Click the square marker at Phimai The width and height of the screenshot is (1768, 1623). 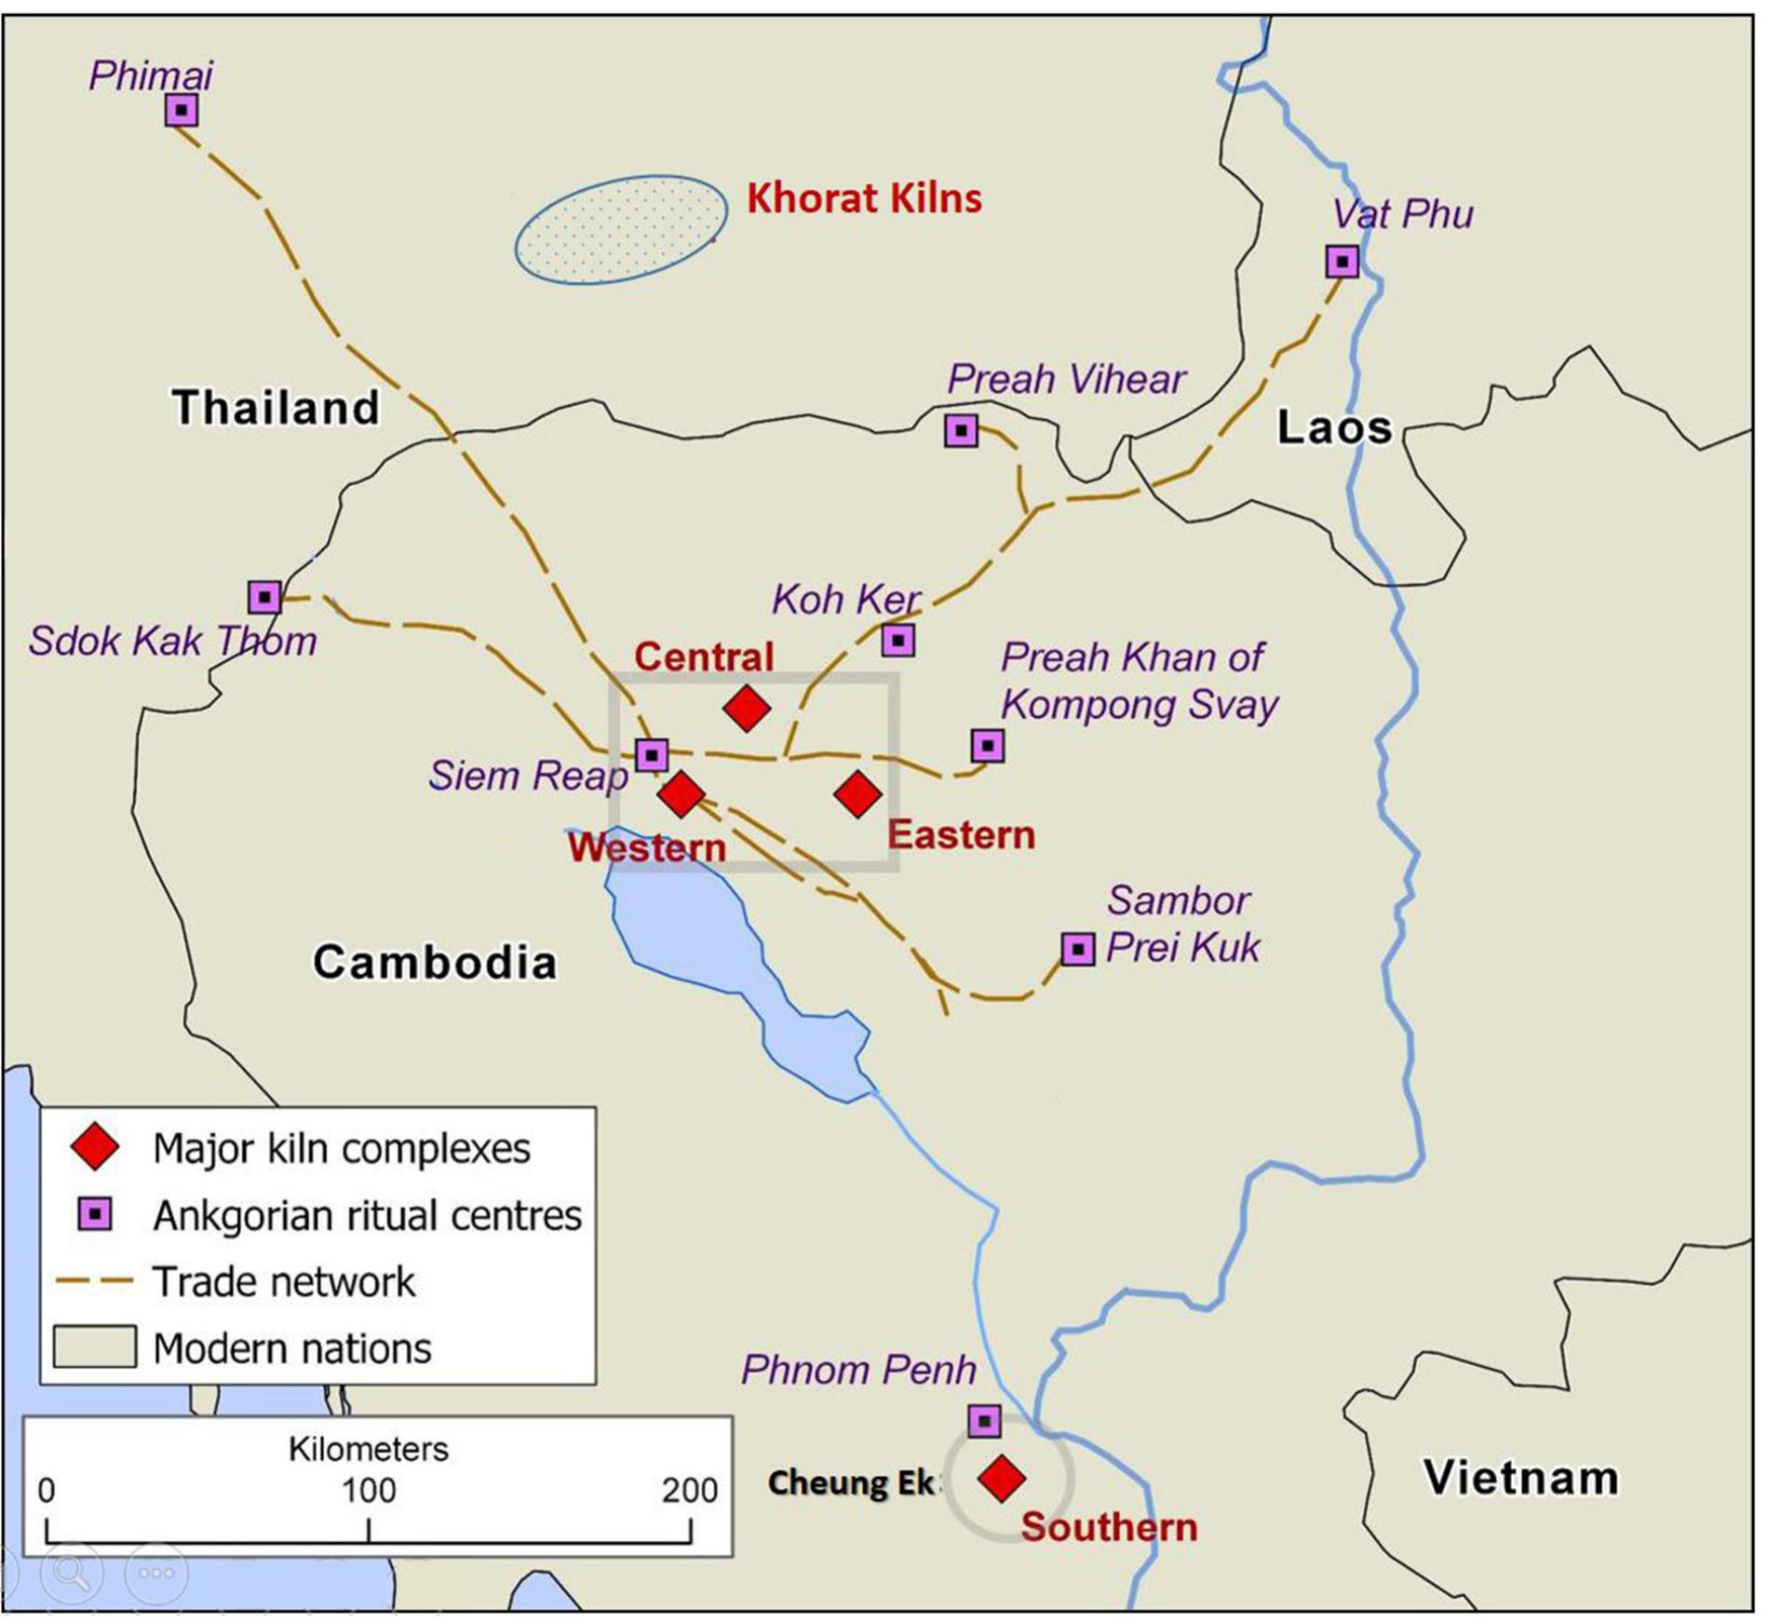182,110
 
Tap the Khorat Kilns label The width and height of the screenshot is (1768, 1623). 864,198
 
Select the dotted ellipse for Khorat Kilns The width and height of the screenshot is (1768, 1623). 621,229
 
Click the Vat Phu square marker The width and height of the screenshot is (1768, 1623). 1342,262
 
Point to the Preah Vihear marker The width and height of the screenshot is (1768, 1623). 961,430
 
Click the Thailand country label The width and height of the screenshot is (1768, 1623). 277,408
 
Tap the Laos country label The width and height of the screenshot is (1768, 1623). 1334,427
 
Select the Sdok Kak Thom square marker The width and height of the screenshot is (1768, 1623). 264,596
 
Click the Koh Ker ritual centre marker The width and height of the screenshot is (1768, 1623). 898,640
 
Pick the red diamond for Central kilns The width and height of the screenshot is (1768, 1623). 747,709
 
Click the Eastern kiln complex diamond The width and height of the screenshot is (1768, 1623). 857,793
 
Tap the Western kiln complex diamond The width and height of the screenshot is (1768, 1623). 682,793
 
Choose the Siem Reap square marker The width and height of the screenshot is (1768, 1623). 652,754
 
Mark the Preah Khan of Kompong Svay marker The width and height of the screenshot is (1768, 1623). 988,745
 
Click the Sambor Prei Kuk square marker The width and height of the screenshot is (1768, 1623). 1078,949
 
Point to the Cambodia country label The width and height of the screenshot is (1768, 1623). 435,962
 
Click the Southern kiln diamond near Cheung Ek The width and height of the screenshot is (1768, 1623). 1002,1478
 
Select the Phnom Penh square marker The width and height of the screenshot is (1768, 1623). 984,1421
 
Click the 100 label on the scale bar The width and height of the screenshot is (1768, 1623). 369,1491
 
